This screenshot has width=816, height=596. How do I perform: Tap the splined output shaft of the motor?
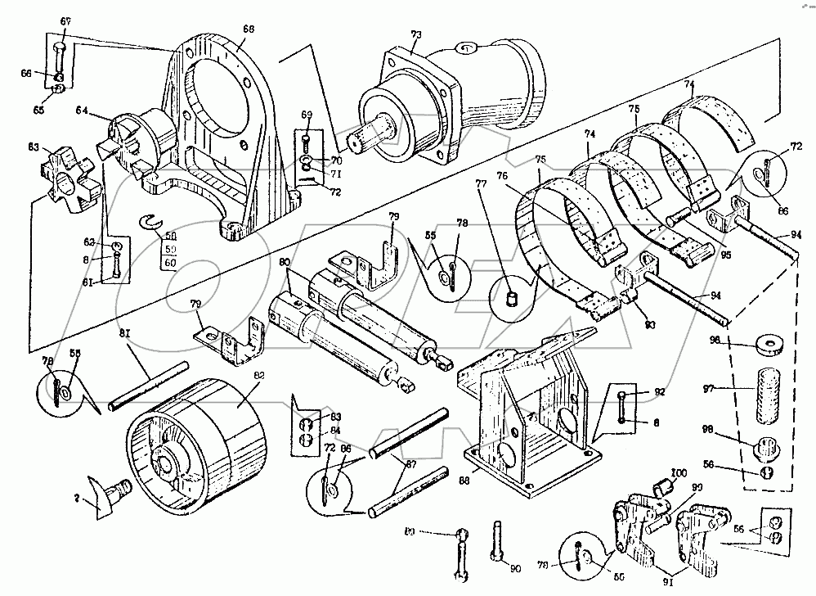click(x=375, y=134)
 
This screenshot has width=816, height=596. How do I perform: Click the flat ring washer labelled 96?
click(x=767, y=344)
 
